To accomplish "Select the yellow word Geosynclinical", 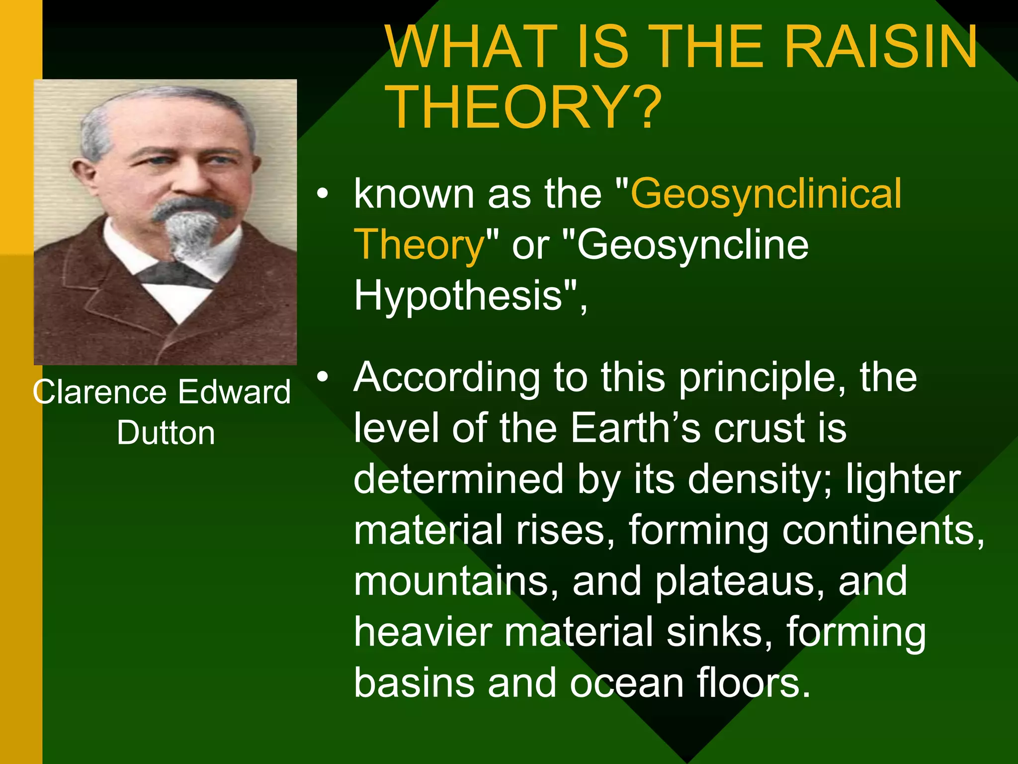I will tap(765, 194).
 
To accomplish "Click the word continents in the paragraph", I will tap(877, 530).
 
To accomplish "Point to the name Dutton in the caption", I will tap(166, 433).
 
